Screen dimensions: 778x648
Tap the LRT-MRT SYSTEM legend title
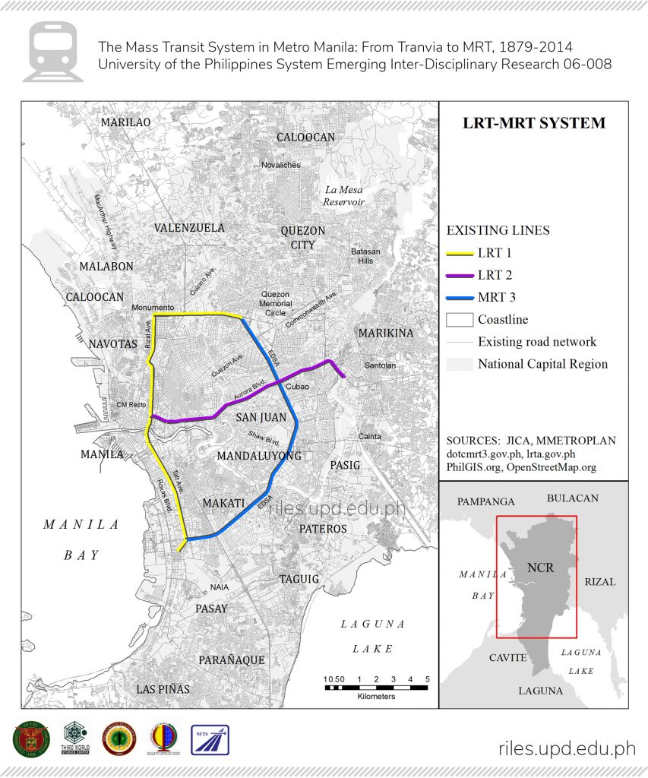(x=534, y=123)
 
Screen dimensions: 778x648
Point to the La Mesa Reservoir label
(x=343, y=196)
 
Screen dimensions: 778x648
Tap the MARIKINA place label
(x=386, y=333)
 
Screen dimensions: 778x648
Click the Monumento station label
(x=152, y=308)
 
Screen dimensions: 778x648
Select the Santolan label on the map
(x=380, y=365)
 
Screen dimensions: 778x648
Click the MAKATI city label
(x=223, y=504)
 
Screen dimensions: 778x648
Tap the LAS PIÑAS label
(x=163, y=689)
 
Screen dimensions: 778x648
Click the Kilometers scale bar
(x=378, y=688)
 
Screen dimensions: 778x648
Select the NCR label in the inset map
(x=540, y=568)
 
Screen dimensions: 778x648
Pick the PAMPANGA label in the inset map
(x=485, y=502)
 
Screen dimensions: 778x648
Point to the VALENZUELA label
(x=189, y=228)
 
